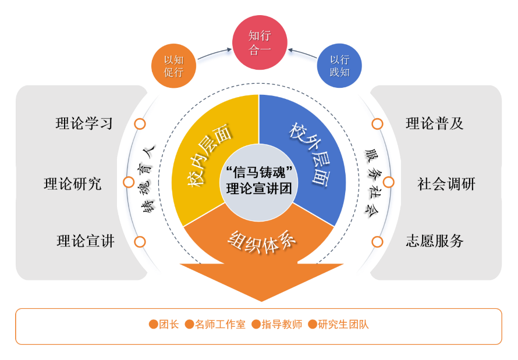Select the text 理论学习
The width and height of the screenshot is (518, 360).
pos(84,124)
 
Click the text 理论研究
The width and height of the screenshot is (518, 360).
pos(72,184)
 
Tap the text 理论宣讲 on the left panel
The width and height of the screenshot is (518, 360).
pos(86,241)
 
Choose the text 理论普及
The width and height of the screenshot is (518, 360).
pos(434,124)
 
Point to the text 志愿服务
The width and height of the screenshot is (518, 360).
pos(434,241)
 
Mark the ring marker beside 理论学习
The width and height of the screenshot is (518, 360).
pos(140,124)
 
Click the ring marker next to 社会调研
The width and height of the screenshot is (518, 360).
pos(388,183)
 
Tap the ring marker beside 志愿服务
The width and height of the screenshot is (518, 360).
pos(377,241)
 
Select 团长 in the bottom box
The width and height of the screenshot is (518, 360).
pos(169,325)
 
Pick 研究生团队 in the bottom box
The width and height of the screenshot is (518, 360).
pos(343,325)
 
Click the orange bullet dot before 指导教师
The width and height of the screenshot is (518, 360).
pos(256,325)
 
